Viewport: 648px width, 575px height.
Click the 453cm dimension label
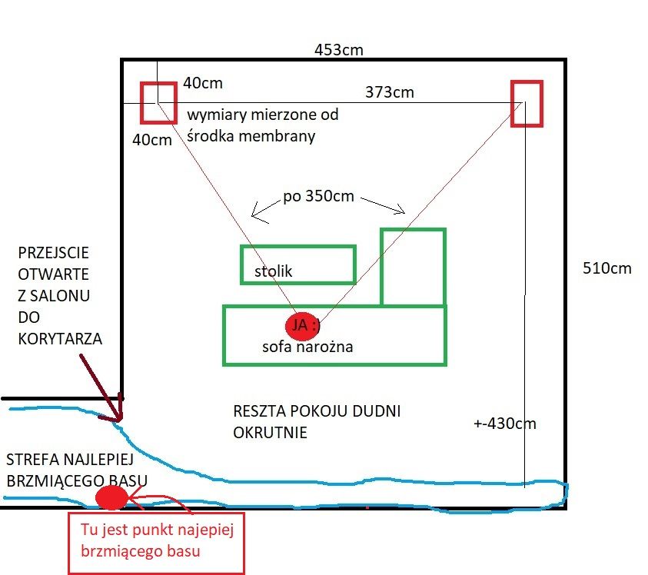coord(339,50)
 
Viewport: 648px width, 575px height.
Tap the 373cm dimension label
coord(389,92)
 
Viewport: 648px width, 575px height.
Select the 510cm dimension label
coord(607,268)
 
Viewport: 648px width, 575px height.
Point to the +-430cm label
coord(505,424)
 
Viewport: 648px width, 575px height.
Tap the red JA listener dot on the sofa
coord(303,325)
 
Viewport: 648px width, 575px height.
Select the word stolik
coord(273,271)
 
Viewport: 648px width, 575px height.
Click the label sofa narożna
coord(307,347)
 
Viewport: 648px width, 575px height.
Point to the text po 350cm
coord(319,196)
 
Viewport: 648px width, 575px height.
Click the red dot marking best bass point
coord(111,497)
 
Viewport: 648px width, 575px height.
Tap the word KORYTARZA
coord(60,338)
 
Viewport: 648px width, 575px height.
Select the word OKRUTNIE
coord(270,432)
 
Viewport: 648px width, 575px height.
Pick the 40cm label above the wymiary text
coord(203,83)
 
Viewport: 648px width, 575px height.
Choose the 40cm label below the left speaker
coord(152,140)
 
